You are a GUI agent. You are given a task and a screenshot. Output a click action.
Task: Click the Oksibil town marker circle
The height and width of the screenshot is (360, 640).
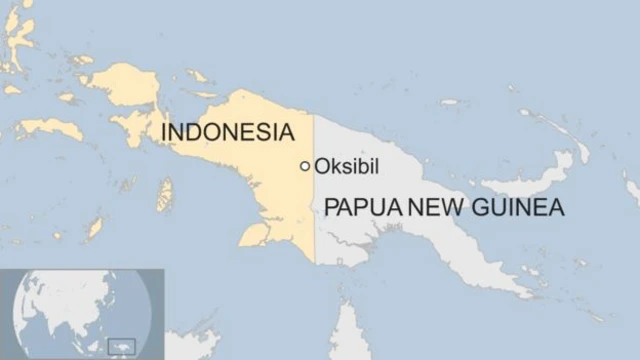[x=305, y=166]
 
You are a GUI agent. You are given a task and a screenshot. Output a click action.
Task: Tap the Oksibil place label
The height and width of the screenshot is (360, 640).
[x=347, y=166]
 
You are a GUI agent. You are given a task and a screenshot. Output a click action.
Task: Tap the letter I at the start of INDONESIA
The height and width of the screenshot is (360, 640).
[x=165, y=133]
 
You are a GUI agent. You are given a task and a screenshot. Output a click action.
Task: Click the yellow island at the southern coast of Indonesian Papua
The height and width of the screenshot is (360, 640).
[x=254, y=235]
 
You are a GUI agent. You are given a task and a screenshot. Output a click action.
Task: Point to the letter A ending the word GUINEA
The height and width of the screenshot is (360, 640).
[x=556, y=208]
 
